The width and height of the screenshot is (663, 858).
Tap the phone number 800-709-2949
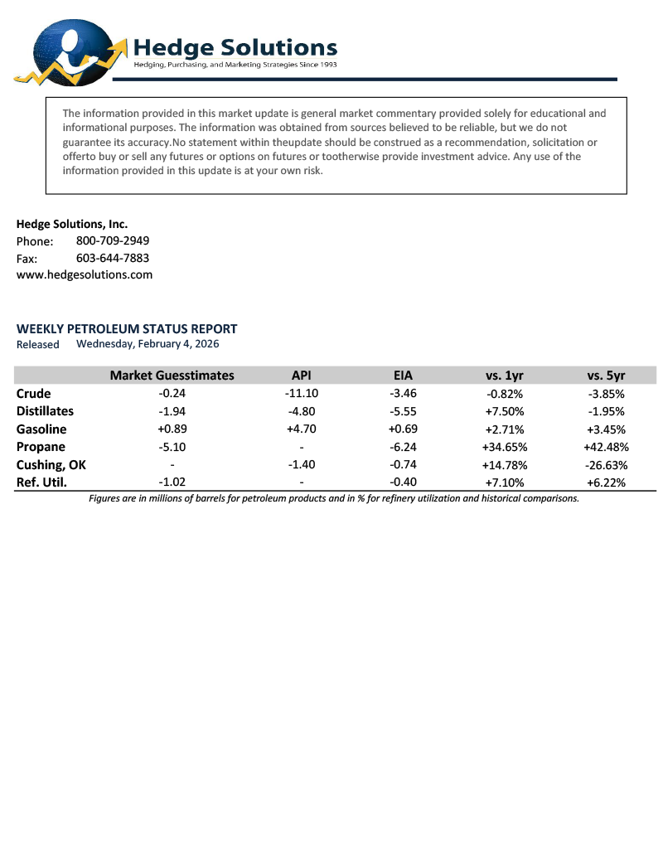point(113,240)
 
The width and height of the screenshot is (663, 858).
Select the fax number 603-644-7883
point(113,258)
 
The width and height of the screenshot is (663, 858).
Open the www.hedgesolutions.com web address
point(85,274)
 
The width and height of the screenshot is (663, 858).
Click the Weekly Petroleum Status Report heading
point(127,328)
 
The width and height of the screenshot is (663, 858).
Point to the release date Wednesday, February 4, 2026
point(148,343)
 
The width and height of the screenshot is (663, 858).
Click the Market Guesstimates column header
point(172,376)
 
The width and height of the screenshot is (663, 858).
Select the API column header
point(302,376)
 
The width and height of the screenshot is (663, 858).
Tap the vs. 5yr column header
point(606,376)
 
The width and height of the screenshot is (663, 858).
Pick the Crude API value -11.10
point(302,394)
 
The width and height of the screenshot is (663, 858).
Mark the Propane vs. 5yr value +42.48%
point(606,448)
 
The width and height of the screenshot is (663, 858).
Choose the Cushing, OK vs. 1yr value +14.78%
point(504,465)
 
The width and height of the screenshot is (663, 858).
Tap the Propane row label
point(41,447)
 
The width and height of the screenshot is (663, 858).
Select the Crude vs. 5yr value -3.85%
point(606,394)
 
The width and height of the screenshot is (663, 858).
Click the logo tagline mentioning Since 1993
point(235,65)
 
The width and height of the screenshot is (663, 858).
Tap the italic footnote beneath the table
point(334,498)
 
